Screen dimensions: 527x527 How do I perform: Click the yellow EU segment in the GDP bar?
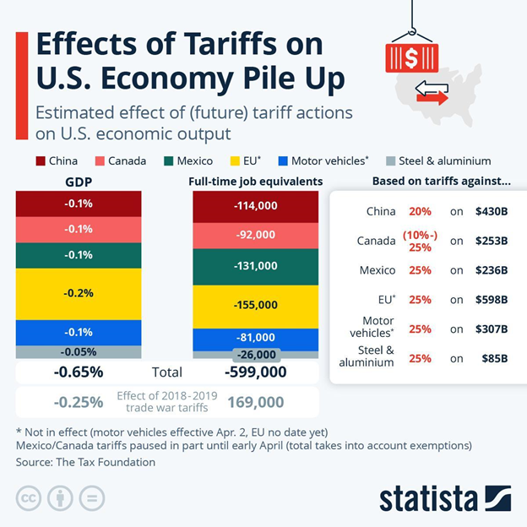(79, 293)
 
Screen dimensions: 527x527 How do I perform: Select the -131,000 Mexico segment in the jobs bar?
(256, 266)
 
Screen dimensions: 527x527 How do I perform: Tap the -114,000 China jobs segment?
(256, 207)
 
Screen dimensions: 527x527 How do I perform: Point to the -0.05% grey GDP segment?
(79, 352)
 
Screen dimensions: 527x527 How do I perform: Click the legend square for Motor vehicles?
(283, 160)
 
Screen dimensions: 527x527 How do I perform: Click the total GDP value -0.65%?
(79, 372)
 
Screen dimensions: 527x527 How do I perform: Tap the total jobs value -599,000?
(256, 372)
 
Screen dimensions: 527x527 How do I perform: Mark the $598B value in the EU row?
(491, 299)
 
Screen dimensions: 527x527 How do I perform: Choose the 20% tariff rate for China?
(420, 212)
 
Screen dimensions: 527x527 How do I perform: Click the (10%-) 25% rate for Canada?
(420, 241)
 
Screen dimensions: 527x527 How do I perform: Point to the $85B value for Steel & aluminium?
(493, 357)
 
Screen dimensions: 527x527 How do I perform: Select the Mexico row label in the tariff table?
(378, 270)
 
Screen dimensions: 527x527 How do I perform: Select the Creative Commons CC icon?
(28, 497)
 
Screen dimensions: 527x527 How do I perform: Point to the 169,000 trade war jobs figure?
(256, 402)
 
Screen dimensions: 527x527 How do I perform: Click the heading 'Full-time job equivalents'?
(256, 181)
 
